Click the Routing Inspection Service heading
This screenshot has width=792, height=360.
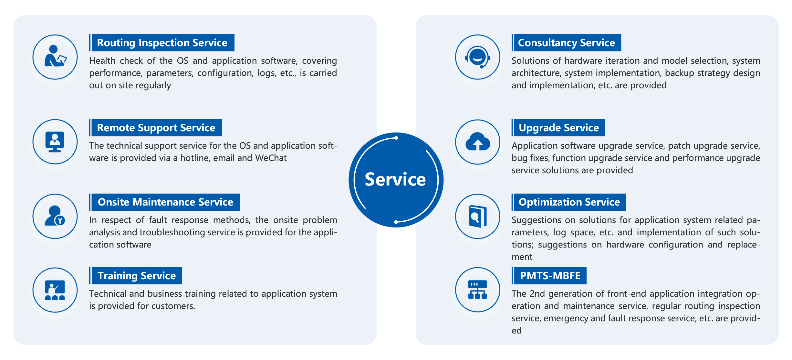162,43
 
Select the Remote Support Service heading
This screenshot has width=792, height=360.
156,128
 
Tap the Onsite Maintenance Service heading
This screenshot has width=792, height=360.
165,202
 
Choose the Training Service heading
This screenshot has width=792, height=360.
137,276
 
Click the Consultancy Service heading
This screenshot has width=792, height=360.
567,43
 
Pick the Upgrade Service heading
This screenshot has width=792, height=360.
559,128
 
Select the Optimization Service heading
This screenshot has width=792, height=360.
569,202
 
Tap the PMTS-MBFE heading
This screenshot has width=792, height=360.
550,276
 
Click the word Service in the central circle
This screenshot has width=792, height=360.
395,179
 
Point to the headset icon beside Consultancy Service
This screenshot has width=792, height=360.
478,57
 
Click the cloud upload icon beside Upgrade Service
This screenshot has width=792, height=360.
478,142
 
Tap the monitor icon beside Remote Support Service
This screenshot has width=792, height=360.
55,142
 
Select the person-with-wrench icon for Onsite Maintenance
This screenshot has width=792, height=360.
55,216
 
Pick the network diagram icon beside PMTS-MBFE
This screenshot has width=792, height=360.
478,290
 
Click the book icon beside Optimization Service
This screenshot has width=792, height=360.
478,216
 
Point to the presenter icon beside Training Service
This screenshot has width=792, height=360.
55,290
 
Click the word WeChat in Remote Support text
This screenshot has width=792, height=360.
271,158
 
